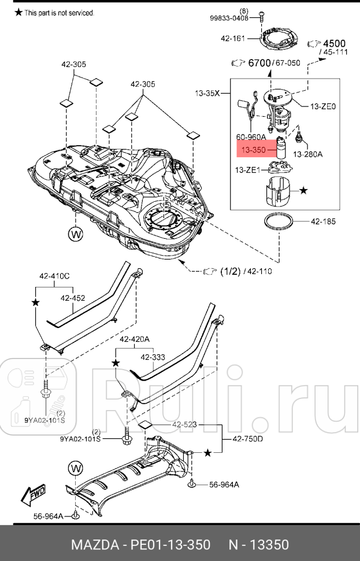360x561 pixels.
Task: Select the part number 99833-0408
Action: coord(229,18)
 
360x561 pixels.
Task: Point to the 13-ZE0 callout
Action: coord(323,106)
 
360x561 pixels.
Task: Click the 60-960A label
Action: coord(251,137)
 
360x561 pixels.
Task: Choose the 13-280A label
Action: coord(307,154)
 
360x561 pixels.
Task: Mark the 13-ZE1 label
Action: coord(248,170)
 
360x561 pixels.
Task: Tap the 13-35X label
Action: coord(207,92)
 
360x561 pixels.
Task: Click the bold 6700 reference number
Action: coord(259,63)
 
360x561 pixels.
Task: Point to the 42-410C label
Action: coord(54,276)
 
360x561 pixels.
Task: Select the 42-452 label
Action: coord(73,298)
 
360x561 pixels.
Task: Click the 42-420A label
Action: coord(135,339)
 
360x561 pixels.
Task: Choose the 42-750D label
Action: coord(248,439)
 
